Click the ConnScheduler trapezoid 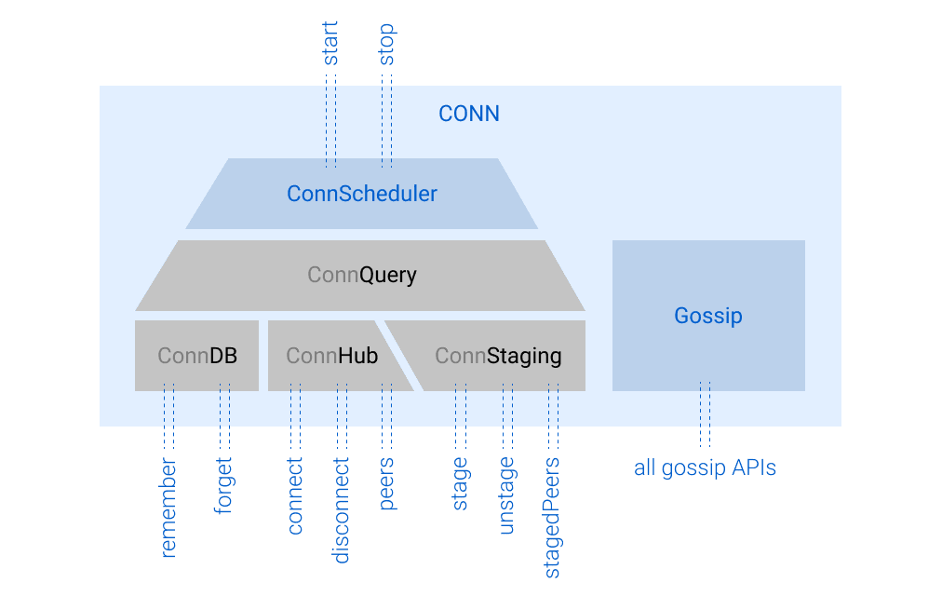pos(361,194)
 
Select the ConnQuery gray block pos(361,276)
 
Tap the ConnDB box pos(196,356)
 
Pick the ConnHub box pos(332,356)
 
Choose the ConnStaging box pos(499,356)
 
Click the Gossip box pos(707,316)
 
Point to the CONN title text pos(469,114)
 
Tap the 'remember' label pos(168,508)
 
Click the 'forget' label pos(224,485)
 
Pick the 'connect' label pos(295,495)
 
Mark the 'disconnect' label pos(342,510)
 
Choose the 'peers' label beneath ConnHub pos(386,483)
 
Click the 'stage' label pos(460,483)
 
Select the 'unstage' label pos(506,494)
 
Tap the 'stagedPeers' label pos(553,517)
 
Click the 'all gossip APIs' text pos(705,467)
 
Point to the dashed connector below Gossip pos(705,414)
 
